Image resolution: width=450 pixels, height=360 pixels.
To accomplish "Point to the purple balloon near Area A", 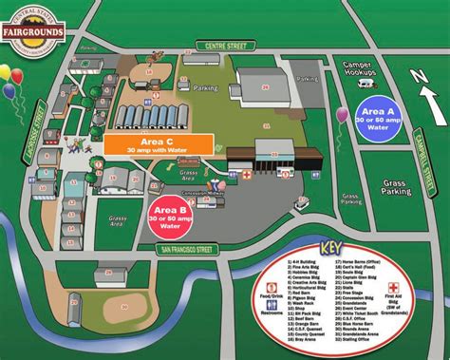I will click(x=342, y=116).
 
